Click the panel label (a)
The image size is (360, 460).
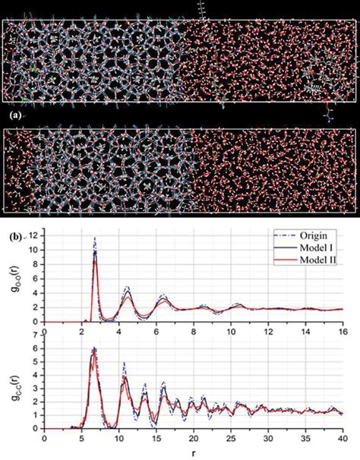click(11, 115)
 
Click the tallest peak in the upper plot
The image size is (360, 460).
click(95, 238)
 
